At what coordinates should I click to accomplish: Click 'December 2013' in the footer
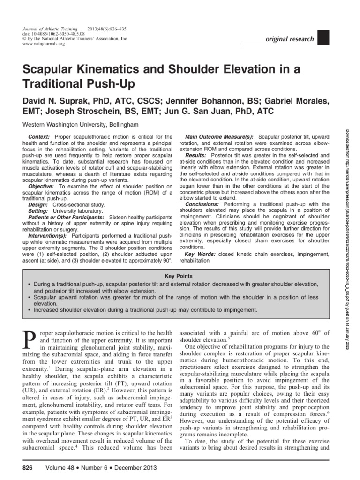coord(133,468)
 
